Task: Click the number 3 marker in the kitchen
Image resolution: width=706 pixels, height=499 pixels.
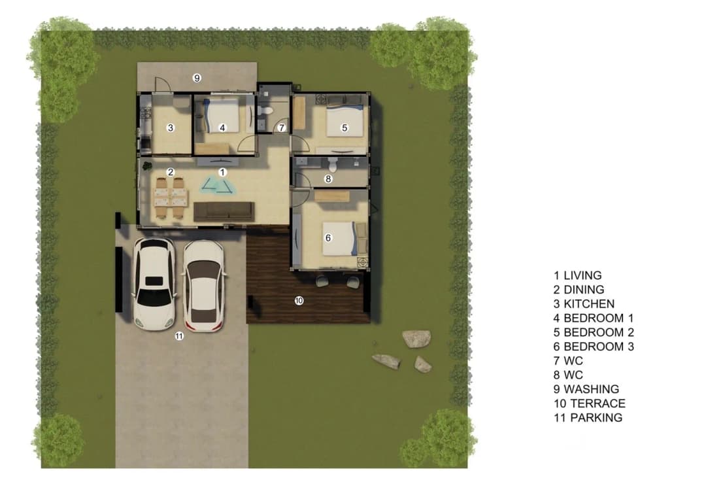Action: pos(170,128)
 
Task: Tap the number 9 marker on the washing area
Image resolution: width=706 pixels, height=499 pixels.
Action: pos(197,78)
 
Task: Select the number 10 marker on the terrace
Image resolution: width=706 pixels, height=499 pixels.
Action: pos(299,300)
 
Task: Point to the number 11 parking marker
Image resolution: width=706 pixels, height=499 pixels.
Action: pos(179,336)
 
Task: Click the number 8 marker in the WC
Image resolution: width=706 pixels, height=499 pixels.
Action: pos(328,179)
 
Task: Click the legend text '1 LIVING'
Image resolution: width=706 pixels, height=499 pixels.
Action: pos(578,275)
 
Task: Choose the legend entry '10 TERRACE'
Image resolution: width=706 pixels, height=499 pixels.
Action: pos(590,403)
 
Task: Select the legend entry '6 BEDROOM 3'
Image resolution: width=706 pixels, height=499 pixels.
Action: pos(594,347)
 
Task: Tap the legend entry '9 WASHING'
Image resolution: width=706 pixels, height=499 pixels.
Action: pos(586,388)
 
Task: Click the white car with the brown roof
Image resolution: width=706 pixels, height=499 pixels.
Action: pos(203,286)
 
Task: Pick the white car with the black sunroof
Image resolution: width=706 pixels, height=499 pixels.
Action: pos(154,284)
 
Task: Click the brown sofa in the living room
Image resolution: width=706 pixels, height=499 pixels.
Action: pos(224,212)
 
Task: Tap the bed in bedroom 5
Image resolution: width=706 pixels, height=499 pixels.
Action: pos(345,121)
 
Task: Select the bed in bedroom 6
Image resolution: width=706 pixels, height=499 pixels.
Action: pos(341,238)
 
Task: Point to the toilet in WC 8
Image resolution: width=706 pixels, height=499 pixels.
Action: pos(333,165)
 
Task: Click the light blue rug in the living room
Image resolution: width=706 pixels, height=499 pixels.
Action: pos(219,185)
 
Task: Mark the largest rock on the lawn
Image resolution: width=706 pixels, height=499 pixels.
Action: pos(416,339)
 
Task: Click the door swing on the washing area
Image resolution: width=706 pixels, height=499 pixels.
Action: pos(161,84)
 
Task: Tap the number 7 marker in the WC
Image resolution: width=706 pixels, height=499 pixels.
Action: pos(281,128)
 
